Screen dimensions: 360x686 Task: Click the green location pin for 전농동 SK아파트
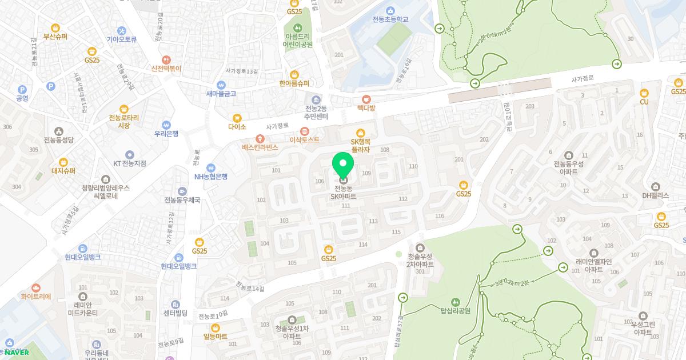click(x=343, y=165)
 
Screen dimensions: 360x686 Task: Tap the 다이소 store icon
click(x=237, y=118)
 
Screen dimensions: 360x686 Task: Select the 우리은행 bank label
click(x=166, y=133)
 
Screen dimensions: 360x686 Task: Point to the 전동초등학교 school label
click(x=390, y=19)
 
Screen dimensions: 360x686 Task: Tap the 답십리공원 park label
click(x=455, y=311)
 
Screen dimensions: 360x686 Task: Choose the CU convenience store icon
click(x=644, y=93)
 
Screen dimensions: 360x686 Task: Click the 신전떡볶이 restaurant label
click(x=166, y=68)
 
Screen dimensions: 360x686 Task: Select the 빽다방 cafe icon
click(x=366, y=99)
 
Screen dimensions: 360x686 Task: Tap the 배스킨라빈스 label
click(x=260, y=147)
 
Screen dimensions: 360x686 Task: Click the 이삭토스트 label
click(x=305, y=139)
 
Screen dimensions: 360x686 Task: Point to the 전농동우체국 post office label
click(x=182, y=200)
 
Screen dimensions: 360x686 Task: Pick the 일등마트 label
click(x=216, y=337)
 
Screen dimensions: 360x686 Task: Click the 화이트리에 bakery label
click(x=36, y=297)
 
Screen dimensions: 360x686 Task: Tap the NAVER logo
click(x=16, y=352)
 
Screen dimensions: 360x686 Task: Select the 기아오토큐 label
click(x=122, y=39)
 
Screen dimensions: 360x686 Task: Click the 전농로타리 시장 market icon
click(x=124, y=109)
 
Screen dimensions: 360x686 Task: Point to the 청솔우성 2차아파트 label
click(x=420, y=261)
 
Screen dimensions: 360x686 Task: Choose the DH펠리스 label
click(x=655, y=195)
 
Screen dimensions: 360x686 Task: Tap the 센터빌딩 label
click(x=176, y=313)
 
